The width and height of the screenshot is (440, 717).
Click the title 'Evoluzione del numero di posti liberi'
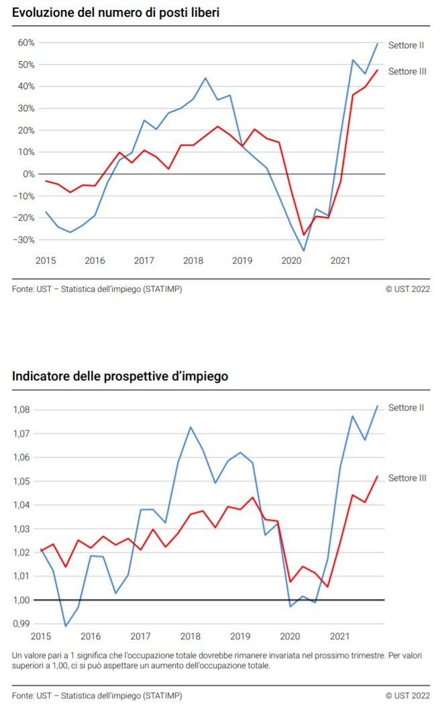pos(115,12)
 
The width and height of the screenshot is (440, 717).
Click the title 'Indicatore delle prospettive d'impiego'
pos(120,376)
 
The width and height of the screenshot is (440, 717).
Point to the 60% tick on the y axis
pos(26,43)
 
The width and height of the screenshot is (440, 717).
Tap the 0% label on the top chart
pos(30,174)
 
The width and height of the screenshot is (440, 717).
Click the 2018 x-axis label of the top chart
pos(193,260)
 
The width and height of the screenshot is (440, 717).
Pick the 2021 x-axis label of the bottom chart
pos(340,636)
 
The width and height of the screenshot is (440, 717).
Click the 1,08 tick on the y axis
pos(24,410)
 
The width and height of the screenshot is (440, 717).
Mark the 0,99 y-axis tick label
pos(24,624)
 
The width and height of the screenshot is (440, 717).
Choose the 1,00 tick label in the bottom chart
pos(24,600)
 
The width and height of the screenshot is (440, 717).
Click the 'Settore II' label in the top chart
pos(406,46)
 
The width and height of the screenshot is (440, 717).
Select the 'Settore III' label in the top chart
pos(407,71)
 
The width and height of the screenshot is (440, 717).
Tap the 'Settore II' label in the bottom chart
pos(406,407)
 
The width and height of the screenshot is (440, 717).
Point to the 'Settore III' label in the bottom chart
pos(407,478)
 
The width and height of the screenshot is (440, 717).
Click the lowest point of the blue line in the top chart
pos(304,251)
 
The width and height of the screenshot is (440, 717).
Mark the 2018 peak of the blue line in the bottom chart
pos(190,427)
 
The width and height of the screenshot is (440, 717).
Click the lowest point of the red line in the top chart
pos(304,235)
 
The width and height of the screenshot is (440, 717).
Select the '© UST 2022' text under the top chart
pos(407,289)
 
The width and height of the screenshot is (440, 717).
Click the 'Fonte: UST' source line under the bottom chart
pos(97,696)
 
